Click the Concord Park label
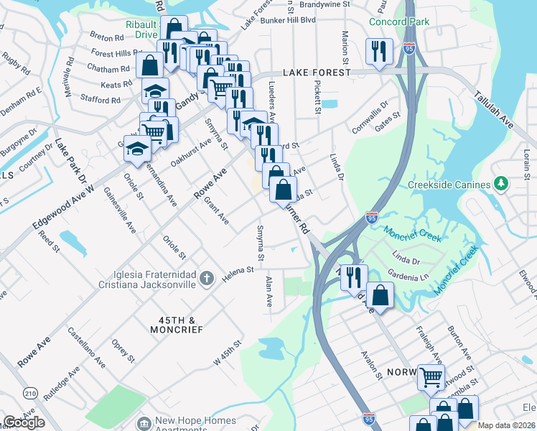point(399,22)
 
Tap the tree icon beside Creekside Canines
point(502,184)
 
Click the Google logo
point(24,422)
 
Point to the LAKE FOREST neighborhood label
point(317,73)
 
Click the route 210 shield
point(30,393)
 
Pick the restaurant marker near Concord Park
point(377,51)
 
